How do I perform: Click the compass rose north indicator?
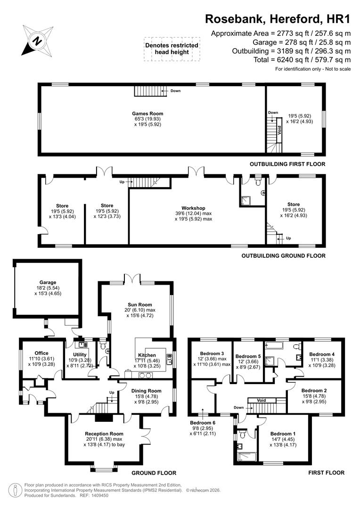click(x=36, y=40)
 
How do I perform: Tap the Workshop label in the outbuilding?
click(x=193, y=208)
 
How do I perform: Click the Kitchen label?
click(x=147, y=355)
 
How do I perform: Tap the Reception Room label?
click(x=104, y=434)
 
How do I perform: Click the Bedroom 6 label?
click(x=203, y=423)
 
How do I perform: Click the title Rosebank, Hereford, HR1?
click(x=278, y=19)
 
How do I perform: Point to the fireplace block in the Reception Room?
click(x=101, y=417)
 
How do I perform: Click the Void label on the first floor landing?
click(x=262, y=400)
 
